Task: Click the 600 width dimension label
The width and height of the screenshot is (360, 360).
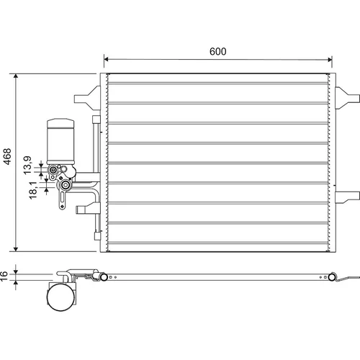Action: (217, 51)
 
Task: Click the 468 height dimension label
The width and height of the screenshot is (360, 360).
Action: (7, 156)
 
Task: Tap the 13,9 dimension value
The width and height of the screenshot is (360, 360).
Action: (27, 165)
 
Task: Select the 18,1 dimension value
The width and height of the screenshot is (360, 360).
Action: (33, 190)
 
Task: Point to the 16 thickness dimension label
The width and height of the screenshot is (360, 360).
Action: (4, 276)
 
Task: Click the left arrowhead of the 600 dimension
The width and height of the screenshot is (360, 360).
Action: (107, 59)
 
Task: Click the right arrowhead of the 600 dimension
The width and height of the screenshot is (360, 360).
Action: (330, 60)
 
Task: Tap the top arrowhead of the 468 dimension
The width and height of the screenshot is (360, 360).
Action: (16, 76)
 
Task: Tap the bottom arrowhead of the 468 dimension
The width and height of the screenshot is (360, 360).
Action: (16, 249)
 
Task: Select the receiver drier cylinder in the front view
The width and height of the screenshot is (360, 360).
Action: (60, 141)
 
